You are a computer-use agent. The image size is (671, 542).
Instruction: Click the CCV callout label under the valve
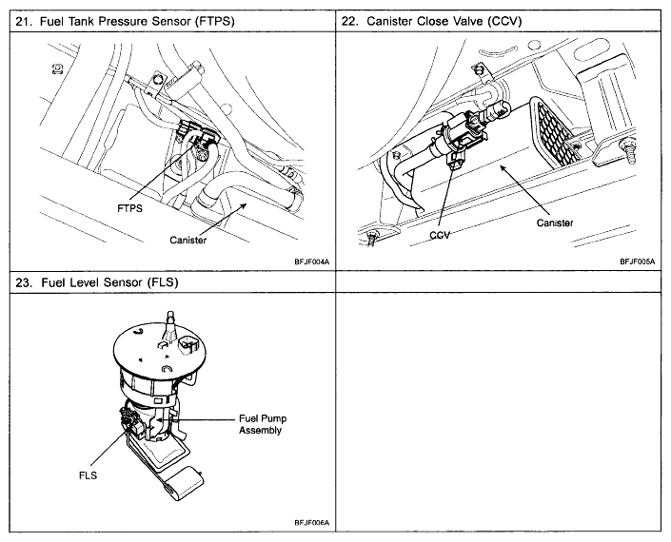[439, 234]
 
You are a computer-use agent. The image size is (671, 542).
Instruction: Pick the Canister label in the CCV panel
[555, 223]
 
